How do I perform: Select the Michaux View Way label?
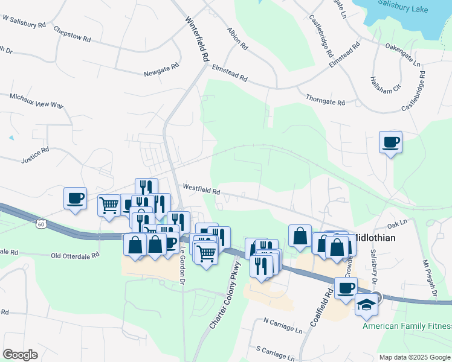[36, 100]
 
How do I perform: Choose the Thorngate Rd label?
[324, 100]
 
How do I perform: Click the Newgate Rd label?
[161, 74]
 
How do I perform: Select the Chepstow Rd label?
[71, 34]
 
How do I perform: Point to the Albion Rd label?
[237, 38]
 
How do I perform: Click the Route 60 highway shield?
[40, 224]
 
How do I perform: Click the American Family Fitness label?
[407, 326]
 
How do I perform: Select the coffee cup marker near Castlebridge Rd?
[390, 142]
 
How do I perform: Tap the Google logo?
[21, 354]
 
